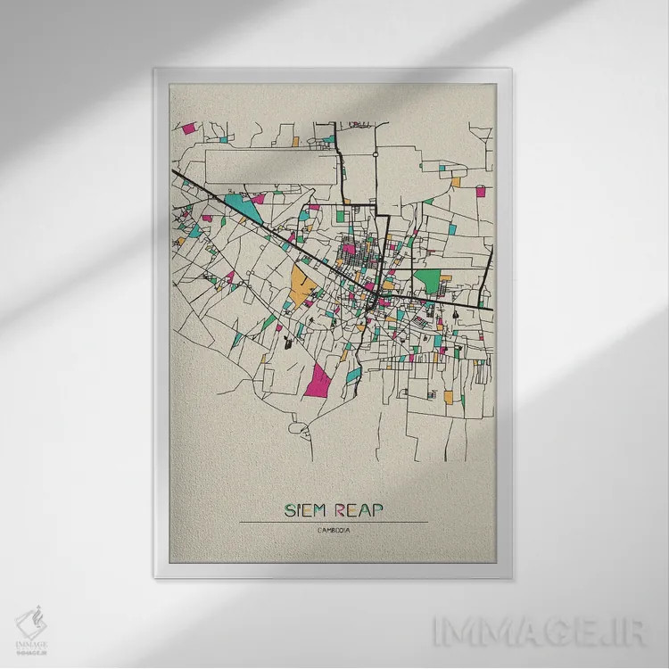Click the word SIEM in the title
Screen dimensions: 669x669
tap(304, 510)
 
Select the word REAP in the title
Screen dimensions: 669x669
tap(359, 510)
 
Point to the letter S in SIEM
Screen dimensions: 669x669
tap(289, 510)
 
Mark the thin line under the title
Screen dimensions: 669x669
tap(333, 522)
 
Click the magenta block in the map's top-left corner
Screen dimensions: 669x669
tap(188, 128)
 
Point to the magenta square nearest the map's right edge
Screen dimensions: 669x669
tap(481, 191)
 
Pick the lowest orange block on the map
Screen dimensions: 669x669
tap(449, 394)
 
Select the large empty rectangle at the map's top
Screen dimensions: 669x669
tap(272, 167)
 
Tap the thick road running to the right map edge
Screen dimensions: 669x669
tap(446, 304)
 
